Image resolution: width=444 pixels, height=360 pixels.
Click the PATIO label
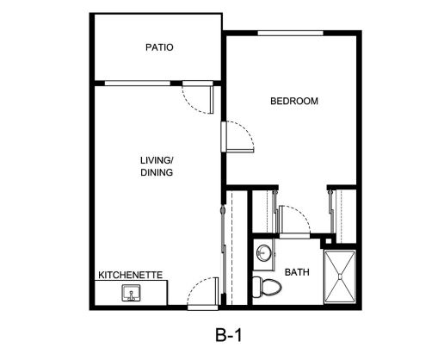(x=159, y=47)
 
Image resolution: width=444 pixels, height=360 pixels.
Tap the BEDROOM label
(x=294, y=101)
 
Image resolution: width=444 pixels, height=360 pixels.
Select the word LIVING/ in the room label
(x=157, y=160)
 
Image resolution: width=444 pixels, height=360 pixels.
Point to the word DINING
(x=157, y=172)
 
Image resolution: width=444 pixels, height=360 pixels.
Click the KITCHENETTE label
(x=131, y=275)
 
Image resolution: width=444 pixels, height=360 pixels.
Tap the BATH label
(x=297, y=272)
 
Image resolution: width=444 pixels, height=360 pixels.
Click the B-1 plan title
(x=228, y=335)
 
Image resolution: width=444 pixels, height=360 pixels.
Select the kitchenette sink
(x=132, y=293)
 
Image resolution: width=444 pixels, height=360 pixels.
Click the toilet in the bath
(x=267, y=287)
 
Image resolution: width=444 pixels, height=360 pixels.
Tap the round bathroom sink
(x=263, y=253)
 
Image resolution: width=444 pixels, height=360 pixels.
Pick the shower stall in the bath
(x=340, y=276)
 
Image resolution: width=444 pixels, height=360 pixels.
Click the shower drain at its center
(x=340, y=276)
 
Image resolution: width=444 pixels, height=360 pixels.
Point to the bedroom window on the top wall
(x=290, y=33)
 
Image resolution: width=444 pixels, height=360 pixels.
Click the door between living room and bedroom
(x=237, y=137)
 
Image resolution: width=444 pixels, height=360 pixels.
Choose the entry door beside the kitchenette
(x=203, y=294)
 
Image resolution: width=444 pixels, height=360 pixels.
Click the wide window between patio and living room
(x=138, y=84)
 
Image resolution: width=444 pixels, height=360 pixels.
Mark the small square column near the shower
(x=329, y=240)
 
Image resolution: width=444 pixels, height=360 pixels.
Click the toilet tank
(x=256, y=287)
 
